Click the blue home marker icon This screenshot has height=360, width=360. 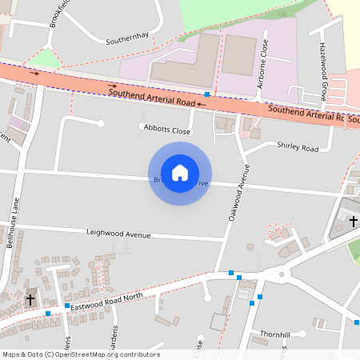(180, 172)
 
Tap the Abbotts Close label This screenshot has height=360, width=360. (167, 130)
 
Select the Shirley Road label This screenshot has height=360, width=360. (298, 148)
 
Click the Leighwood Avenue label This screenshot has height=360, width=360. (118, 234)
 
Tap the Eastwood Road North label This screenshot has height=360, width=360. (106, 302)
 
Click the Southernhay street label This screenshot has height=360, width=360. (128, 38)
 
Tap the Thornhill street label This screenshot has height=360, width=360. (274, 333)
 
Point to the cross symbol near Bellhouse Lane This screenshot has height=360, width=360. (30, 299)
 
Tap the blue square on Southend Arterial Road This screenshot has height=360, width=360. (207, 94)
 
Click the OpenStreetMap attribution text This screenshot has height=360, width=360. (81, 354)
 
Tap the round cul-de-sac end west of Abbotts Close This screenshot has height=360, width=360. (100, 122)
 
